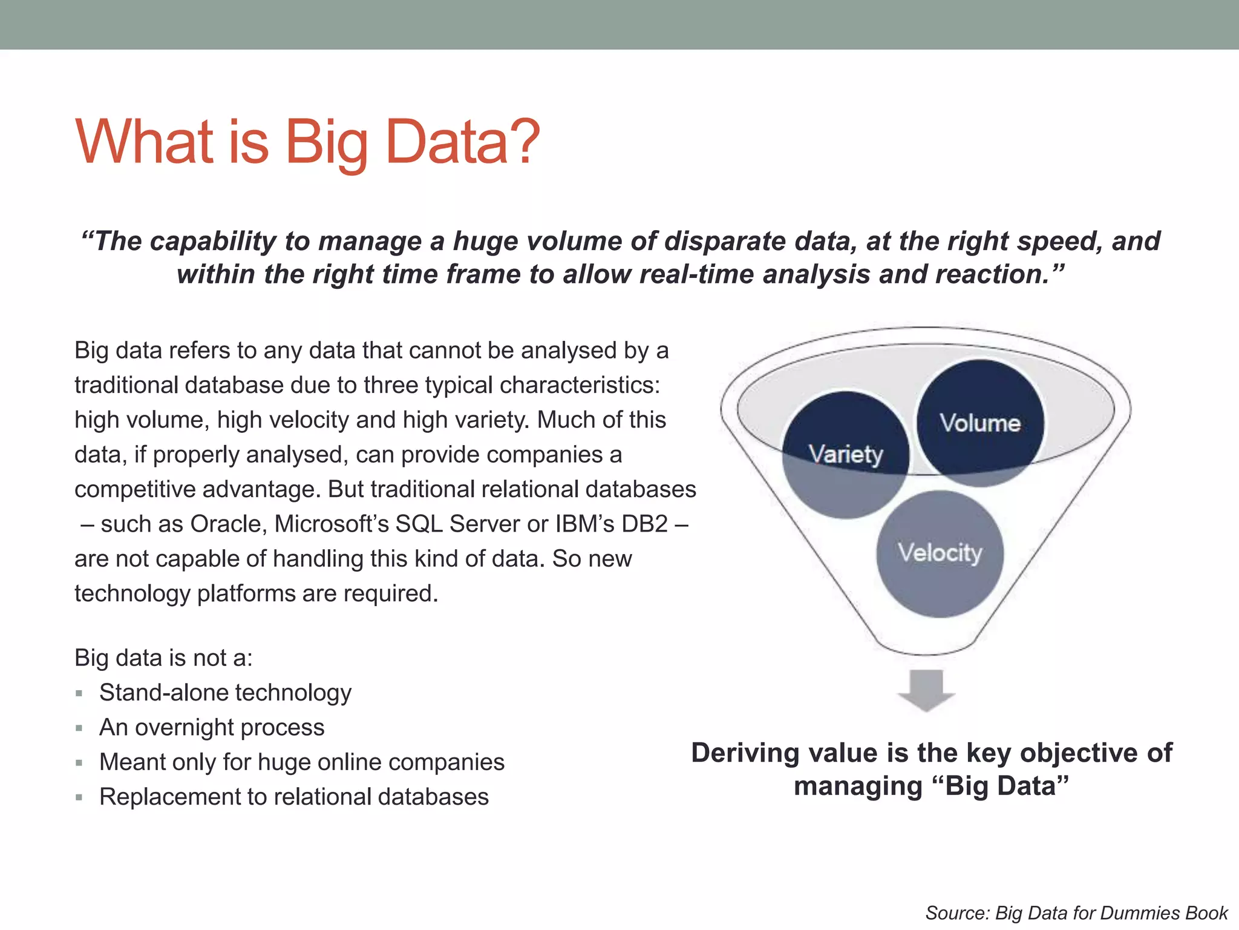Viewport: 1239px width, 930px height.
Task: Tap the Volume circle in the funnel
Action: pyautogui.click(x=980, y=423)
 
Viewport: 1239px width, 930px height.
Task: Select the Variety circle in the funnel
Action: pyautogui.click(x=846, y=454)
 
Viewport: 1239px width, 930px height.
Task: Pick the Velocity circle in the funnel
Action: pyautogui.click(x=940, y=553)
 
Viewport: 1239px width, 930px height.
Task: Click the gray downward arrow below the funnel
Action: pyautogui.click(x=926, y=690)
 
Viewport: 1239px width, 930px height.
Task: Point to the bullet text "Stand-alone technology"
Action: pyautogui.click(x=225, y=693)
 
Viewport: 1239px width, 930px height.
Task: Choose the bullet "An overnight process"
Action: pyautogui.click(x=212, y=727)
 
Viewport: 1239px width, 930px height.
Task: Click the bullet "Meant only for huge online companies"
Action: pyautogui.click(x=301, y=762)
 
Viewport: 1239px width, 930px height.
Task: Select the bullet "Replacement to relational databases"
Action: pyautogui.click(x=293, y=797)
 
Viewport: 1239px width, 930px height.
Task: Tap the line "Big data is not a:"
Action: pyautogui.click(x=163, y=658)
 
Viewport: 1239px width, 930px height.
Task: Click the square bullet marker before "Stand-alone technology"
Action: pyautogui.click(x=79, y=693)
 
